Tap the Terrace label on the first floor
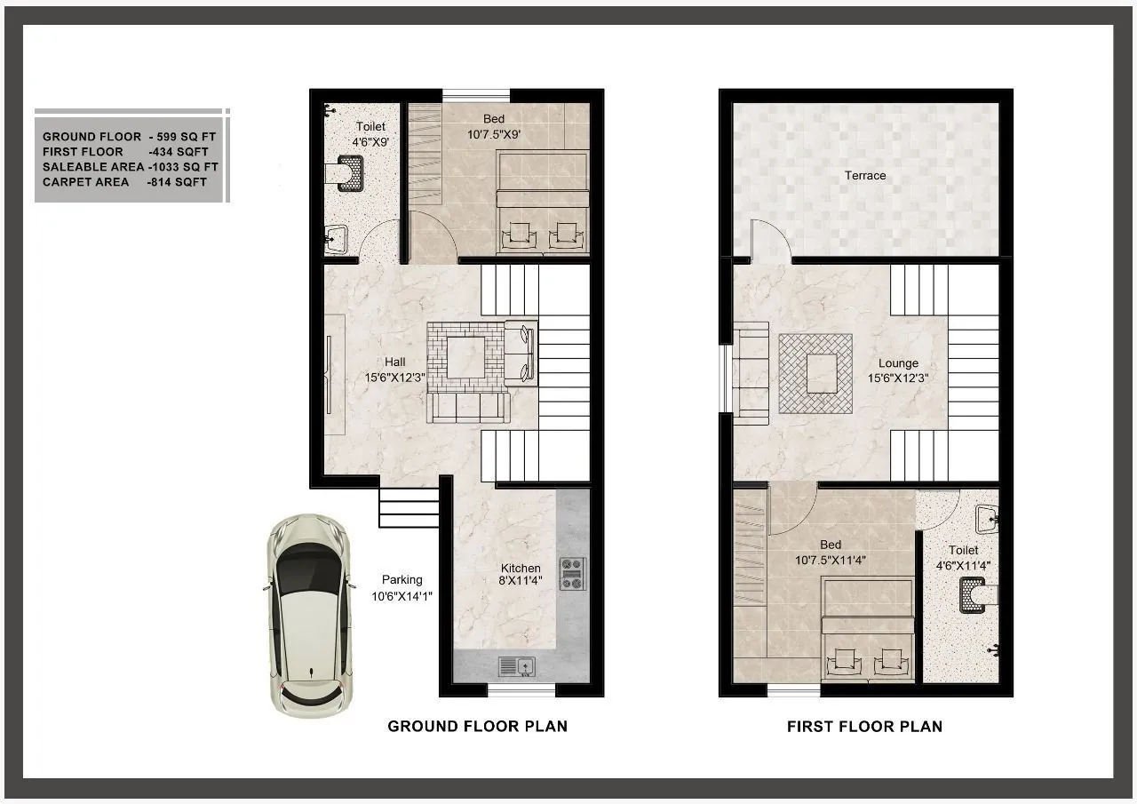pos(864,176)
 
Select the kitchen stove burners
pos(572,573)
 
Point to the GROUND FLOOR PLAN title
pos(477,726)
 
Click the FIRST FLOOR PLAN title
pos(864,726)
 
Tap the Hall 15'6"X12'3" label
pos(394,370)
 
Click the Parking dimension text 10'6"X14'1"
pos(402,596)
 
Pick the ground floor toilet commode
pos(347,172)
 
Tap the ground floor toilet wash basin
pos(337,237)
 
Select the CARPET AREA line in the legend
pos(124,182)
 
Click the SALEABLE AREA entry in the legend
pos(130,167)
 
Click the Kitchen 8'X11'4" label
pos(520,575)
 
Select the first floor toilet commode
pos(974,595)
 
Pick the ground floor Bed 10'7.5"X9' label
pos(493,127)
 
